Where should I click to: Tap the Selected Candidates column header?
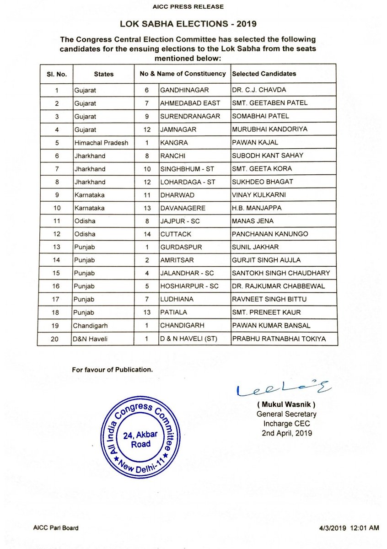[x=264, y=74]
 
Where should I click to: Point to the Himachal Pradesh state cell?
[x=101, y=143]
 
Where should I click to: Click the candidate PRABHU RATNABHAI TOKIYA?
[x=279, y=339]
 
